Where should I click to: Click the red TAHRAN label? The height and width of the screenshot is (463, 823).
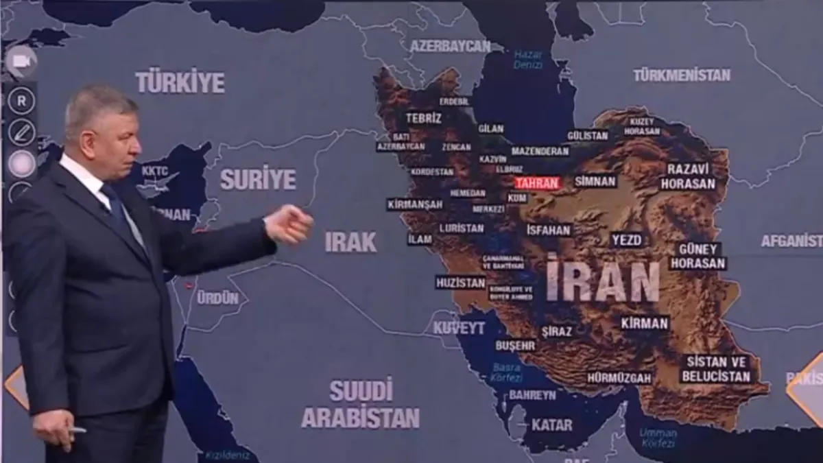click(537, 183)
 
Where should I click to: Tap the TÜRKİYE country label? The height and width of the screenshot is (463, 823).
click(180, 82)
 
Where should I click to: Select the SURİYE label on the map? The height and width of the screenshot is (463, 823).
click(258, 179)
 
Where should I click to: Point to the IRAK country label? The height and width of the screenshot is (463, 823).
click(350, 241)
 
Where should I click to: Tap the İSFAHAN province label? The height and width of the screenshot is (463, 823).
click(549, 230)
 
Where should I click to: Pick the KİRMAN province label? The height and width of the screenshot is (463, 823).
click(644, 323)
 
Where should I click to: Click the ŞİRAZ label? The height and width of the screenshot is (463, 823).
click(556, 331)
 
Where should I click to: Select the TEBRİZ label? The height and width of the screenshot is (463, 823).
click(423, 118)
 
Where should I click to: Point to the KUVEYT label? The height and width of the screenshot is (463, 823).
click(459, 328)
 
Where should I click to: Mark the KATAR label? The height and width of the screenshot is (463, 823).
click(551, 425)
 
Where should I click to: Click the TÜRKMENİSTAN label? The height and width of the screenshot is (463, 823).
click(682, 75)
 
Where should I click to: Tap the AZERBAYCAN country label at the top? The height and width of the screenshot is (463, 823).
click(450, 46)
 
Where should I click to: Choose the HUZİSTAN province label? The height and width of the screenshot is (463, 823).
click(460, 283)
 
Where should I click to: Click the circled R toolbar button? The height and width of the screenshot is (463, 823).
click(21, 102)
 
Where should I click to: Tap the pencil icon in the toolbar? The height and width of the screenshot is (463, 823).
click(21, 132)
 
